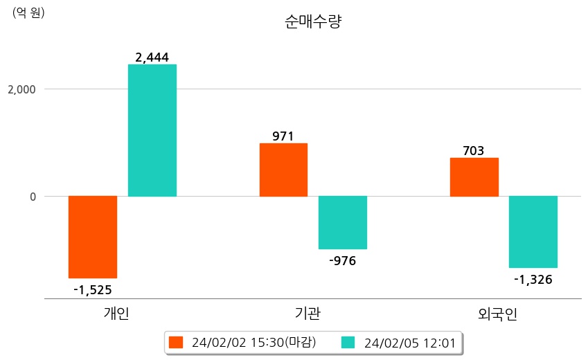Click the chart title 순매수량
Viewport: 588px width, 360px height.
coord(313,22)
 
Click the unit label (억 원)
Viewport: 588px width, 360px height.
coord(28,12)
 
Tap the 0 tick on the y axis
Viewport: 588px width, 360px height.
coord(32,197)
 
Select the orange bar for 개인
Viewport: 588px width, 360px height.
coord(93,237)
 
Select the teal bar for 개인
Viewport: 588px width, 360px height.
coord(152,131)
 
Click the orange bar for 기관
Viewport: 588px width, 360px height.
coord(283,170)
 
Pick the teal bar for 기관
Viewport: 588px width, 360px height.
coord(343,222)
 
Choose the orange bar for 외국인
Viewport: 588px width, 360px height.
coord(474,177)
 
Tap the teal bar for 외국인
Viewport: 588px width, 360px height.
coord(533,232)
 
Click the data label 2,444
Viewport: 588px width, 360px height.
coord(152,57)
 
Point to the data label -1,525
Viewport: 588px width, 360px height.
coord(93,289)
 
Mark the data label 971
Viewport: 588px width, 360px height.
coord(283,136)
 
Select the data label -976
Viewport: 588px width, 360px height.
coord(342,260)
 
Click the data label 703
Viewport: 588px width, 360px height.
coord(474,151)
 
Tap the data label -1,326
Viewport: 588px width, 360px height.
coord(533,279)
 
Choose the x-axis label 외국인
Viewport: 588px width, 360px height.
coord(497,314)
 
